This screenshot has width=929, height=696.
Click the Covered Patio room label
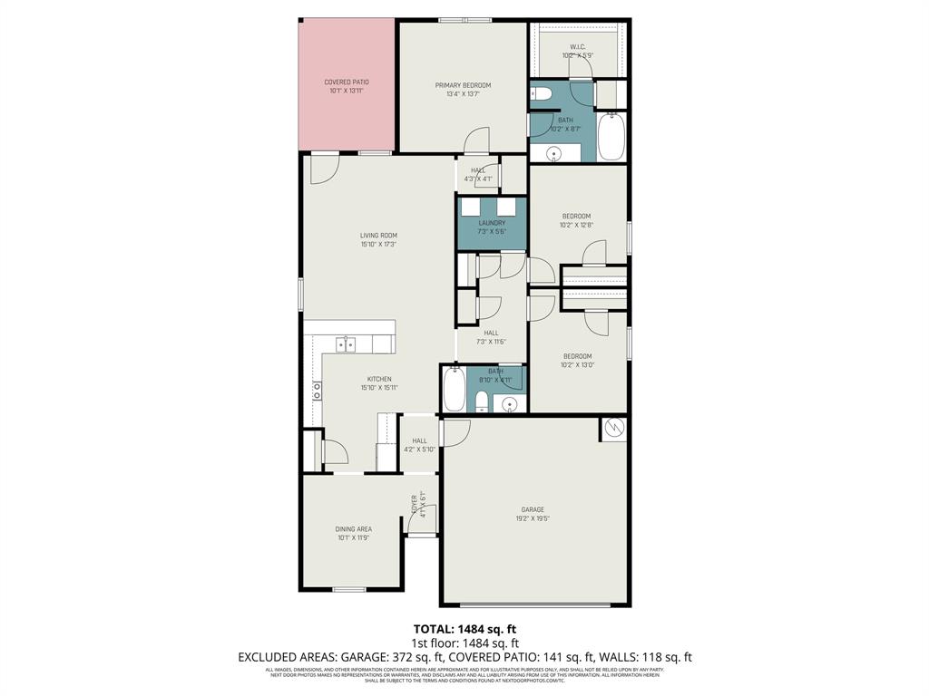(347, 82)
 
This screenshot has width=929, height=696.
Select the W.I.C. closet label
(578, 46)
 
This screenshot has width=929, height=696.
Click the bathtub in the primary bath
(611, 135)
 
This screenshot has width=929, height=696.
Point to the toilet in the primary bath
(543, 94)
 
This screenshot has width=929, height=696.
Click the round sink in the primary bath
(553, 155)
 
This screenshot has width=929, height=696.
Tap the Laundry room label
(492, 223)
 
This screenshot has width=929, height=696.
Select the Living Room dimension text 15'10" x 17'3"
(378, 245)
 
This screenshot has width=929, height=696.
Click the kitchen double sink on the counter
(346, 344)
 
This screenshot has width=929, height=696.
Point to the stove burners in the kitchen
(317, 391)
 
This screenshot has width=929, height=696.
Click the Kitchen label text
(378, 379)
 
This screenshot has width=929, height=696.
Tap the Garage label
(533, 509)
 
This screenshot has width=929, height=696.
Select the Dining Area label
(354, 529)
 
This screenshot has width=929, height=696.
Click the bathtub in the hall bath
(454, 391)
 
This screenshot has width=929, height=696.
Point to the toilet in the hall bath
(482, 401)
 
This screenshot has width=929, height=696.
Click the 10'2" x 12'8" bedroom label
(576, 217)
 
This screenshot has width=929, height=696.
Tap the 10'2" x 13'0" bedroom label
(576, 356)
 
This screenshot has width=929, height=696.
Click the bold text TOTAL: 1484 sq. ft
(464, 629)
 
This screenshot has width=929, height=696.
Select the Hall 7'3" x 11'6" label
(491, 333)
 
